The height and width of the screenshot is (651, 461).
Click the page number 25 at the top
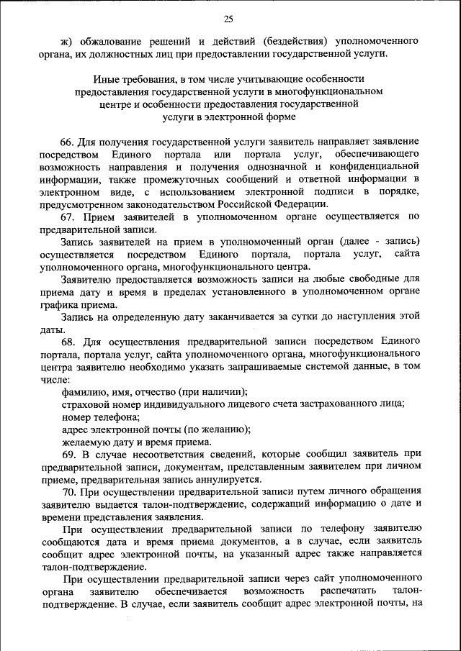[228, 19]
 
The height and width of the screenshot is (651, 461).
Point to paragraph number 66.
[69, 142]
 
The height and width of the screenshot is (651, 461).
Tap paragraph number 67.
[69, 217]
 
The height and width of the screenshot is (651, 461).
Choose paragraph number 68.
[69, 342]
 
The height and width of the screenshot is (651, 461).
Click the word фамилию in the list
[84, 391]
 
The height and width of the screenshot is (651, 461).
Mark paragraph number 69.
[69, 455]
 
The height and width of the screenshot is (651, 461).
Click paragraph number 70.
[69, 492]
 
